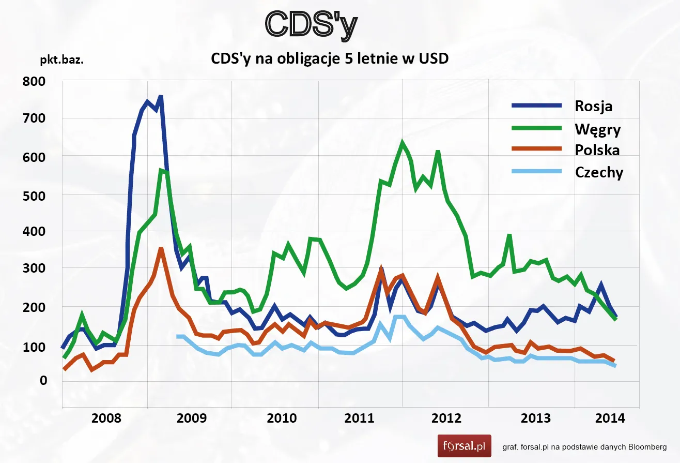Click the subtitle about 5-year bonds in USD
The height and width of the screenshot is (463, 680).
(330, 59)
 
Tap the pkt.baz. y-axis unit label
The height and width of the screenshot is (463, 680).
(62, 59)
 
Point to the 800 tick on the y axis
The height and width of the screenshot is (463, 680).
(35, 81)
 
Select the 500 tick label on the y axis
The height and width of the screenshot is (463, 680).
(35, 195)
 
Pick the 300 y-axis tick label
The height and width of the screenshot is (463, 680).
(35, 269)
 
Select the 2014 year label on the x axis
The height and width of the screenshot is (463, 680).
(610, 418)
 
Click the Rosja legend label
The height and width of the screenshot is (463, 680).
(593, 106)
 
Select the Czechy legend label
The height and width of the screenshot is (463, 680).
(599, 172)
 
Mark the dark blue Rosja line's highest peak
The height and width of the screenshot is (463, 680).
(161, 97)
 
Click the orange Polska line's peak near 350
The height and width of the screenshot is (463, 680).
(161, 249)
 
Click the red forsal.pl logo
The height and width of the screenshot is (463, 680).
(464, 445)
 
